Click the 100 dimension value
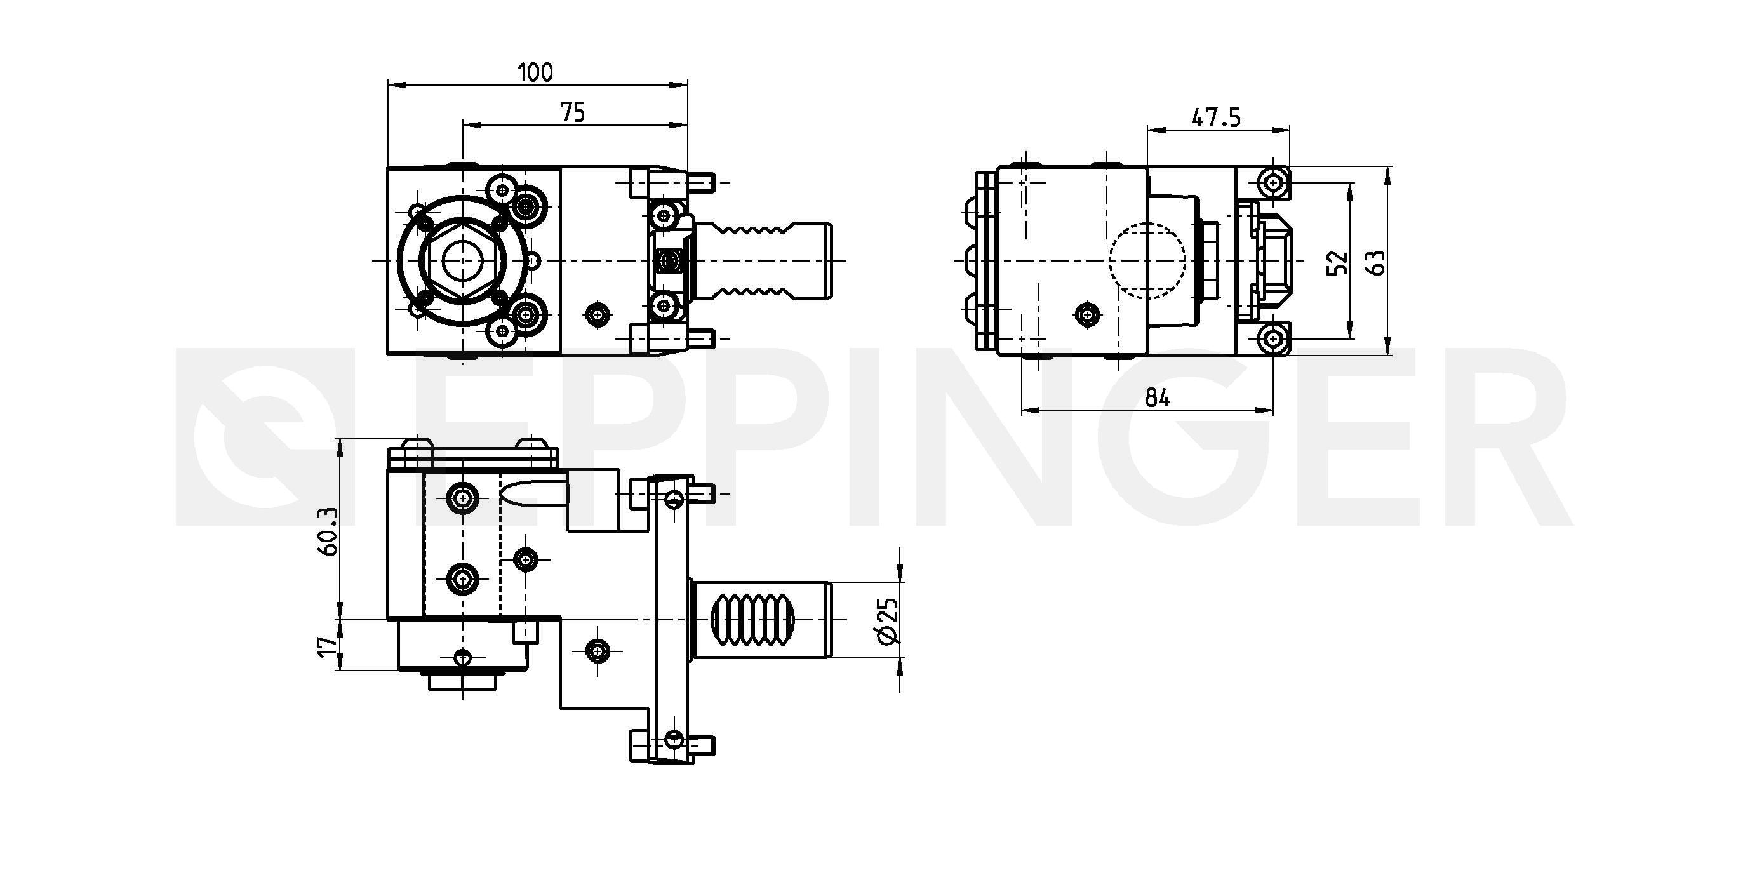pyautogui.click(x=535, y=72)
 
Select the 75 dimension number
pyautogui.click(x=573, y=113)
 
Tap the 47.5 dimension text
pyautogui.click(x=1216, y=118)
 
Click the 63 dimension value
pyautogui.click(x=1375, y=263)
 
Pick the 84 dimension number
pyautogui.click(x=1158, y=398)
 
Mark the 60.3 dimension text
pyautogui.click(x=328, y=531)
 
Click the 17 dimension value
pyautogui.click(x=328, y=645)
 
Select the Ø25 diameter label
pyautogui.click(x=887, y=620)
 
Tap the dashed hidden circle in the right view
pyautogui.click(x=1147, y=261)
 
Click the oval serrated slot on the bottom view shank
pyautogui.click(x=752, y=620)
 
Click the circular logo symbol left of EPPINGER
pyautogui.click(x=262, y=437)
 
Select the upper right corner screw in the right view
pyautogui.click(x=1272, y=183)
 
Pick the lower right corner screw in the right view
pyautogui.click(x=1272, y=338)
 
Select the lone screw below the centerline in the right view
pyautogui.click(x=1088, y=314)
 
